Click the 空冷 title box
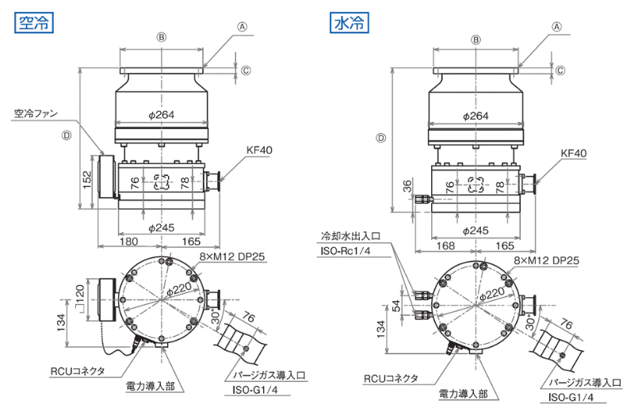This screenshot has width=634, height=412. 34,23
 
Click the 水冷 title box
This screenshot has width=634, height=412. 349,23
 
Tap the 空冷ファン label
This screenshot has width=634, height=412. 36,113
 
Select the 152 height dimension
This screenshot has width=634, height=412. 87,180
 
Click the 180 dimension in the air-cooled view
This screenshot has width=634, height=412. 129,242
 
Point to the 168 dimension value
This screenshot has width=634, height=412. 445,246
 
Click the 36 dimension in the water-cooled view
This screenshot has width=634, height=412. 407,186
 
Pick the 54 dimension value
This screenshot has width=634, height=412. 397,306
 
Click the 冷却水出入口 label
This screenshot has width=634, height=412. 350,236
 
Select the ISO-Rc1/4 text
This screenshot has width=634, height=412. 346,250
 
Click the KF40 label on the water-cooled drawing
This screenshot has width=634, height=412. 573,153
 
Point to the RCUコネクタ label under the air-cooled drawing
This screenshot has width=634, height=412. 78,371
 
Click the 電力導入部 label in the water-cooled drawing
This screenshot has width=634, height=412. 464,394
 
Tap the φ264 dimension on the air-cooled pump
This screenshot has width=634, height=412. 162,115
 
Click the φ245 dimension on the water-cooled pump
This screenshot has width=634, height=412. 476,231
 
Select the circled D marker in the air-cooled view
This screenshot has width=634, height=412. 67,135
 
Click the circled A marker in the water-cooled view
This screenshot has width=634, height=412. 557,27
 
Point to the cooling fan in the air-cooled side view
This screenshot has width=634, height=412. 107,177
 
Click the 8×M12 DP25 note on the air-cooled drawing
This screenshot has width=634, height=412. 231,257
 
